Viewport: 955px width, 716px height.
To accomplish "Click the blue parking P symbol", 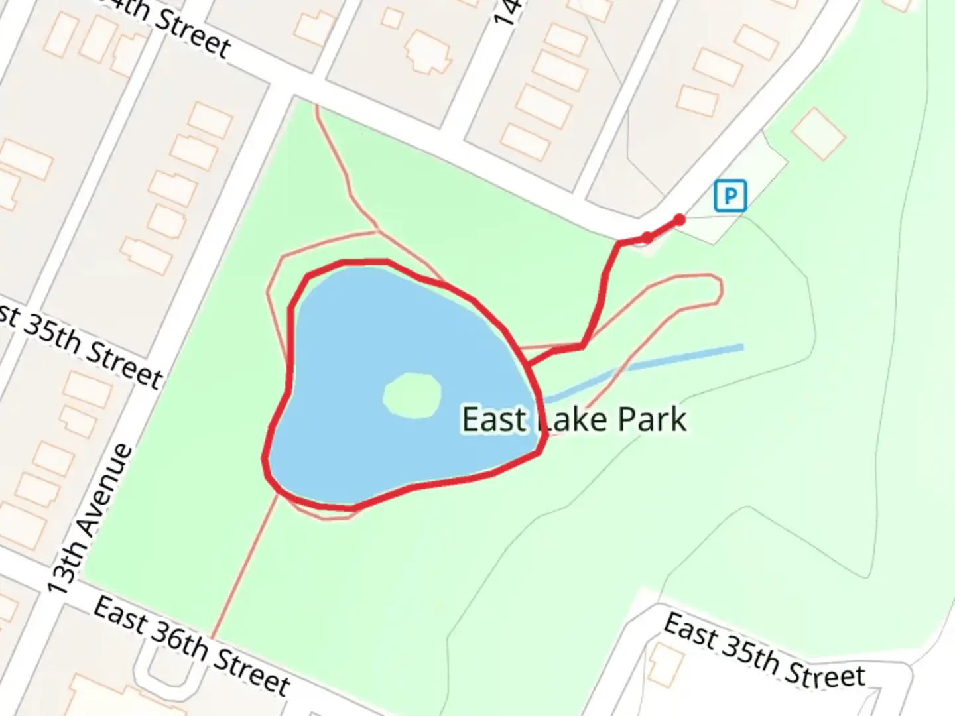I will (x=730, y=196).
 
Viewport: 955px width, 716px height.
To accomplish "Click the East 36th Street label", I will (x=192, y=645).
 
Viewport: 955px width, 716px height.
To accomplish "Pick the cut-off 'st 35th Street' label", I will (x=80, y=346).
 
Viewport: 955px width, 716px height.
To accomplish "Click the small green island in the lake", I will (x=412, y=395).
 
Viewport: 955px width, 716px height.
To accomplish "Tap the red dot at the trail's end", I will (x=679, y=220).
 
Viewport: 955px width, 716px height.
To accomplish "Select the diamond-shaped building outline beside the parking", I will (x=818, y=134).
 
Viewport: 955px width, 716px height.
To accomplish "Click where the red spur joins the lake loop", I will (x=529, y=364).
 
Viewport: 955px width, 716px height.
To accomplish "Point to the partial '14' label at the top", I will (x=507, y=13).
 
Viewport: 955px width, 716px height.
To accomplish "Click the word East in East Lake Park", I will (x=493, y=420).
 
